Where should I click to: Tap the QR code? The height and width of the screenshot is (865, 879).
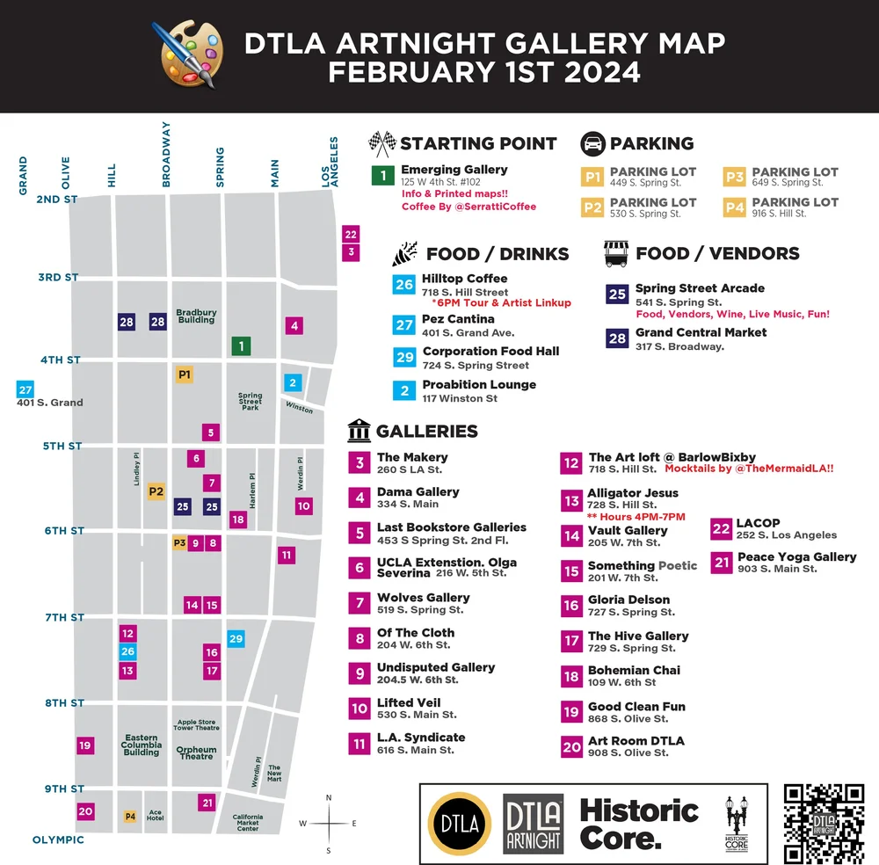823,823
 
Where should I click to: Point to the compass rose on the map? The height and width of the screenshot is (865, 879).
329,824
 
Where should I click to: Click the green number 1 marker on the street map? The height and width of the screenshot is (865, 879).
241,346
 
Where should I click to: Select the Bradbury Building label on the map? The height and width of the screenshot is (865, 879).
196,316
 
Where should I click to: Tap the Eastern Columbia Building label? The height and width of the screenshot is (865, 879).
142,745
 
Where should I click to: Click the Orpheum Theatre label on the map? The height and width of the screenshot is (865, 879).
196,753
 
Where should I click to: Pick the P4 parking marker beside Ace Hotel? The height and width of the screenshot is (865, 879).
130,817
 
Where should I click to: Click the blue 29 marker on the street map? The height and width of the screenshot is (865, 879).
236,639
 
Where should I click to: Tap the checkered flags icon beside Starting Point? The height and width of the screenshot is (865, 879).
381,143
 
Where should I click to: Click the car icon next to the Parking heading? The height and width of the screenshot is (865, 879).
593,143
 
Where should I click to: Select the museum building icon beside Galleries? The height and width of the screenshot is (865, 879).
359,432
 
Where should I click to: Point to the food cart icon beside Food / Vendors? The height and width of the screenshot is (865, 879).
616,253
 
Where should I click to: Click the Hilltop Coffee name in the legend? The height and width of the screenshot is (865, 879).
464,279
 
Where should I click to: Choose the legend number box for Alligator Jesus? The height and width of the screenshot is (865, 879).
572,500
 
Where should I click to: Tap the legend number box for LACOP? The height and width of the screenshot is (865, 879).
722,528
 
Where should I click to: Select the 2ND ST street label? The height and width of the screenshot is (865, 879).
57,200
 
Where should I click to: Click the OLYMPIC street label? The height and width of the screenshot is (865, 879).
59,840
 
